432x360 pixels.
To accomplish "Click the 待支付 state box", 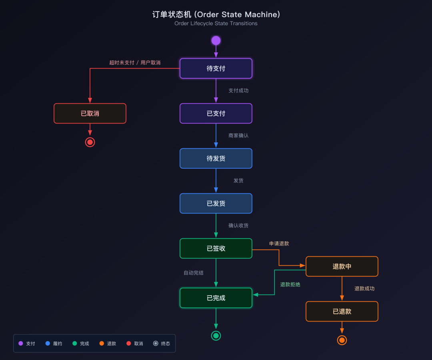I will pyautogui.click(x=216, y=68).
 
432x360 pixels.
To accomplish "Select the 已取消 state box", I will pyautogui.click(x=90, y=113).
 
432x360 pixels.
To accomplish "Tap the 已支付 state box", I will pyautogui.click(x=216, y=113).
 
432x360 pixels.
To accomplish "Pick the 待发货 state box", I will pyautogui.click(x=216, y=158).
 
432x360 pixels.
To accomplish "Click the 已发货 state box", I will pyautogui.click(x=216, y=203).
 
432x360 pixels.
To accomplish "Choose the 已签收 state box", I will pyautogui.click(x=216, y=248).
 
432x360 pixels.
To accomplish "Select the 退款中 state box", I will pyautogui.click(x=342, y=266).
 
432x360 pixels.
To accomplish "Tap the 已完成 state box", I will pyautogui.click(x=216, y=298).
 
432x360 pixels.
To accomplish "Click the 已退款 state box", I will pyautogui.click(x=342, y=311).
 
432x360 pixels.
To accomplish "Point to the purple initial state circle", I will pyautogui.click(x=216, y=40).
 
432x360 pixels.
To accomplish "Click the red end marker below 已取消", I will pyautogui.click(x=90, y=142).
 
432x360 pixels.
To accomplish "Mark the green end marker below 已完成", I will pyautogui.click(x=216, y=336).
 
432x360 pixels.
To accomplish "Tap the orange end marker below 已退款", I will pyautogui.click(x=342, y=340).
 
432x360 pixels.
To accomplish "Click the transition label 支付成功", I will pyautogui.click(x=238, y=91).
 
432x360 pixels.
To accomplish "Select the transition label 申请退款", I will pyautogui.click(x=279, y=244).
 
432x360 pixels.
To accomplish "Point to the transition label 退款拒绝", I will pyautogui.click(x=290, y=285).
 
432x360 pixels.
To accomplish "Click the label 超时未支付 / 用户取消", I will pyautogui.click(x=135, y=63).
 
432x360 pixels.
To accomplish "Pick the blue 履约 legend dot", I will pyautogui.click(x=48, y=343).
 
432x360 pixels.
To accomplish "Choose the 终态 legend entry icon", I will pyautogui.click(x=156, y=343).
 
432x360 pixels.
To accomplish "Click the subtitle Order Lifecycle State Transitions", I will pyautogui.click(x=216, y=24).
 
